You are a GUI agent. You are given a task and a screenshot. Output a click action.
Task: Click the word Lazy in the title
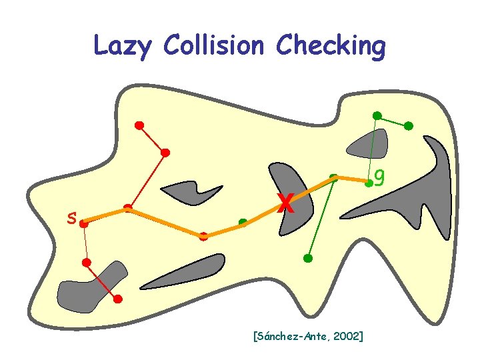point(123,47)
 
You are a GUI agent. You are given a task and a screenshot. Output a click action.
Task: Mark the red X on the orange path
point(285,203)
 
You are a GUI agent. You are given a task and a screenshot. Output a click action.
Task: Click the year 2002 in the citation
point(346,336)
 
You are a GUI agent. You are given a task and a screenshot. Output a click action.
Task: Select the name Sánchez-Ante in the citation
point(291,336)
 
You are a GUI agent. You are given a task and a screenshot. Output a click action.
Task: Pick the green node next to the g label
point(368,183)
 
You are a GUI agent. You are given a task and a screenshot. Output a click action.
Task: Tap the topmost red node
point(139,125)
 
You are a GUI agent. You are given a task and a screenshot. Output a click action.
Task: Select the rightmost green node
point(409,125)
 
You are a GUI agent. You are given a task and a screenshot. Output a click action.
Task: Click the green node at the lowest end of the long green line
point(307,257)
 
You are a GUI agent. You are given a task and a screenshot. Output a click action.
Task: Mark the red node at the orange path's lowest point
point(203,236)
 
